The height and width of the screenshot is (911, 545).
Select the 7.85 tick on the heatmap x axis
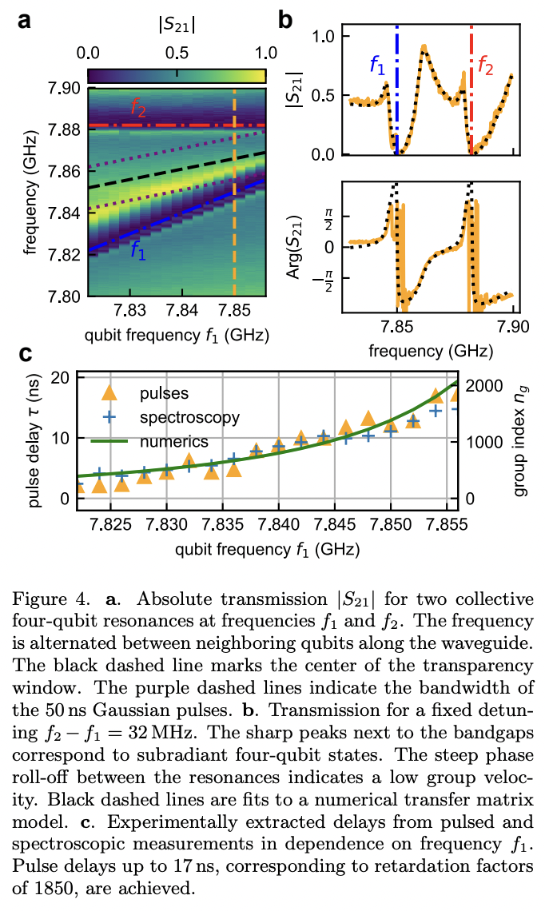click(x=233, y=311)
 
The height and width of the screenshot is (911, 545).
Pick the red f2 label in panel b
click(x=486, y=66)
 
